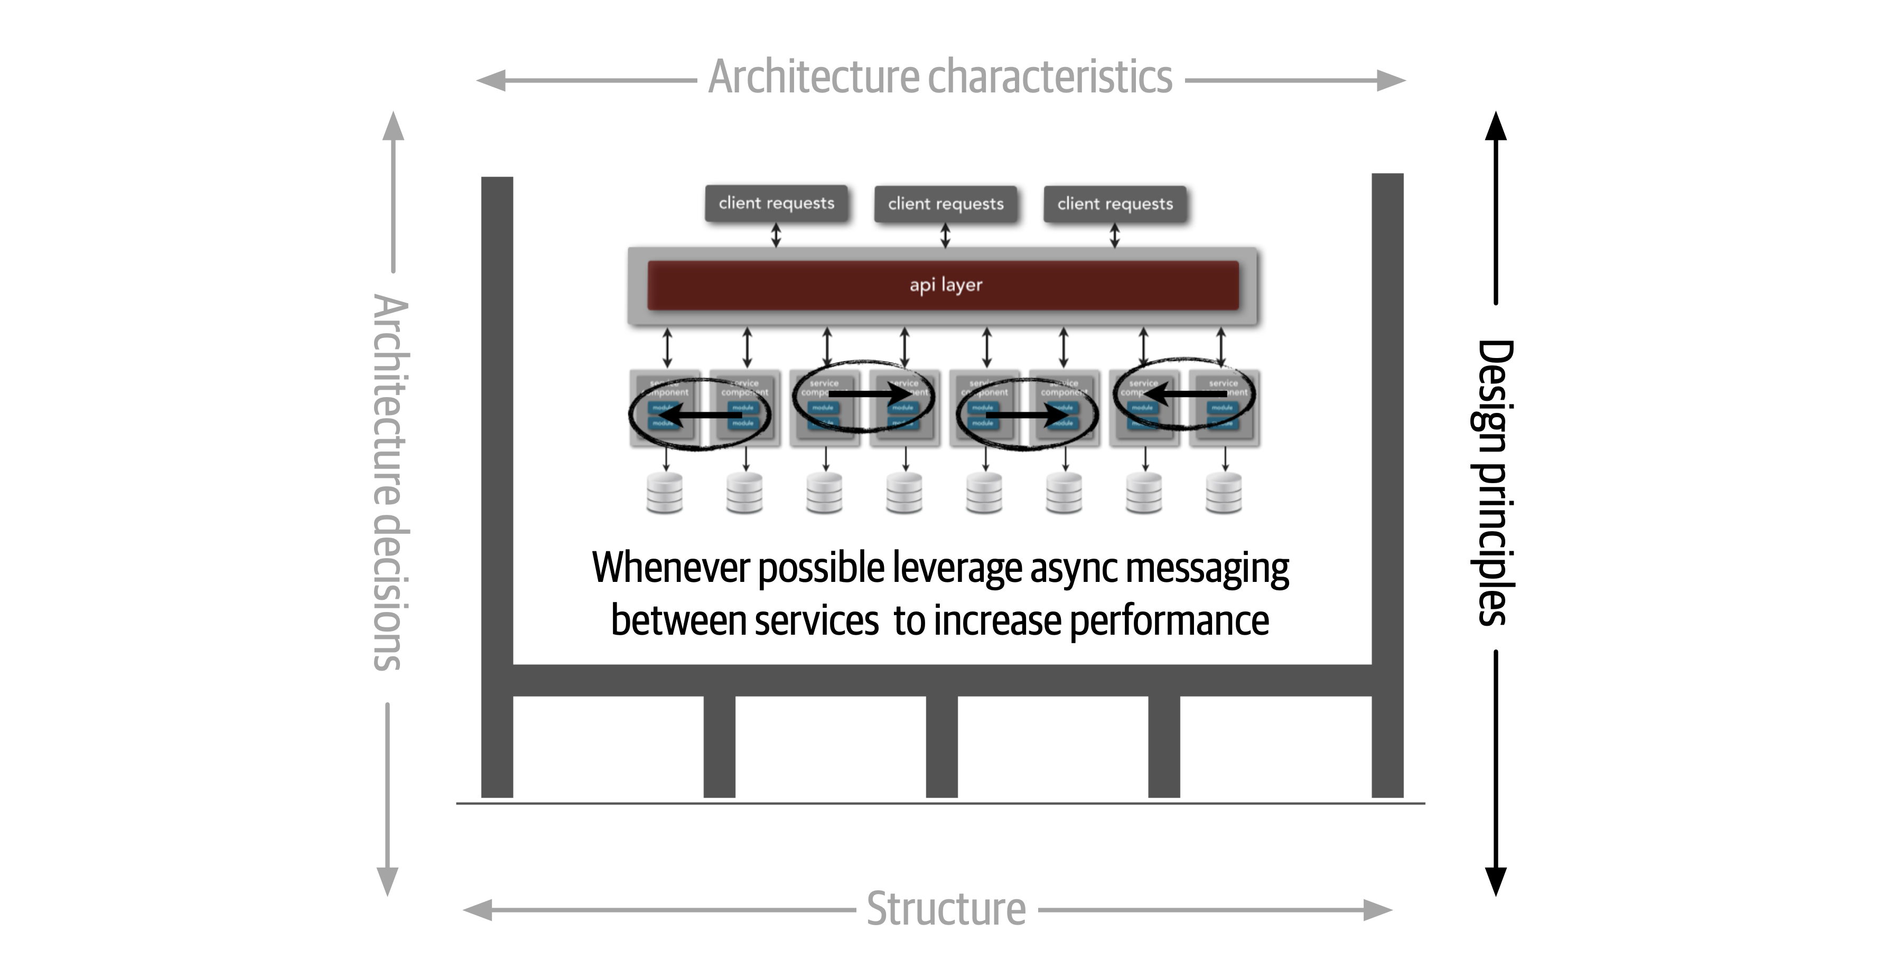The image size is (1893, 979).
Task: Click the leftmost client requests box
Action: pos(776,203)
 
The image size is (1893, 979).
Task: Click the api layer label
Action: pos(945,285)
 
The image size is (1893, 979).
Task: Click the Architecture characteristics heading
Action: pos(940,77)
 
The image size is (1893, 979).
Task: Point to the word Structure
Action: pos(946,909)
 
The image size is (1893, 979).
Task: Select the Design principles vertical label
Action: pos(1494,482)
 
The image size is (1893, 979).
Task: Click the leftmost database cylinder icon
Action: pos(664,493)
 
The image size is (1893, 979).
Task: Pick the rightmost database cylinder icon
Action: pos(1224,493)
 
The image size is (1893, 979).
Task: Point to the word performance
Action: pos(1169,620)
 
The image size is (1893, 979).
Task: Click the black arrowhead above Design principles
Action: pos(1496,126)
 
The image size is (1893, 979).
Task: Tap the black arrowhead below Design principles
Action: pos(1496,881)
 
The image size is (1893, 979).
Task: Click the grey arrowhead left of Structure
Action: pos(478,910)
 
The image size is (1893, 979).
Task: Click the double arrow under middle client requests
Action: pos(945,236)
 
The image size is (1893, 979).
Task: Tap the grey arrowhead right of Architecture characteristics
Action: pos(1391,80)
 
